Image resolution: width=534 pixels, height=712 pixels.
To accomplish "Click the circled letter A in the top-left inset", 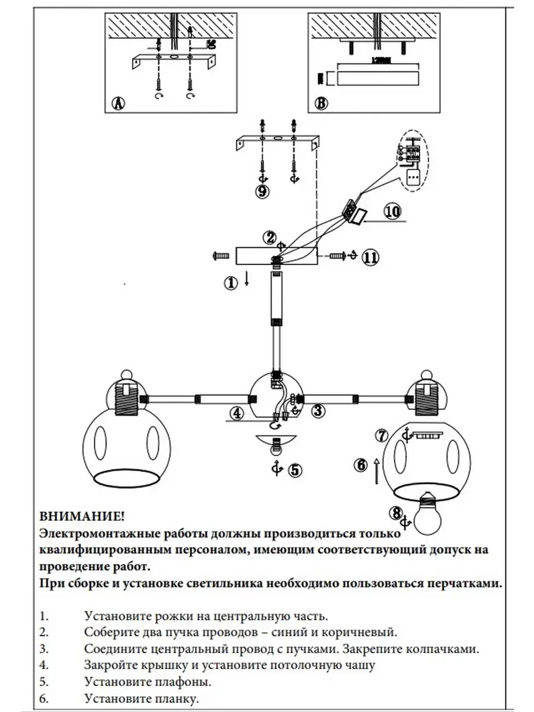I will click(x=117, y=103).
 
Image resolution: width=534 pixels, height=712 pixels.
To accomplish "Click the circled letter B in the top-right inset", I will click(x=321, y=103).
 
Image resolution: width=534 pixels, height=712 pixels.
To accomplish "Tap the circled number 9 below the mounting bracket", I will click(x=262, y=191).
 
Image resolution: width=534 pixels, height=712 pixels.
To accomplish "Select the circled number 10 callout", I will click(x=392, y=212).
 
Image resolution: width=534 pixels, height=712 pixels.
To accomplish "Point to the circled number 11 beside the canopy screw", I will click(x=370, y=257).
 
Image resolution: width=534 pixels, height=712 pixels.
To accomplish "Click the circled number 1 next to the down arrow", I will click(x=231, y=283).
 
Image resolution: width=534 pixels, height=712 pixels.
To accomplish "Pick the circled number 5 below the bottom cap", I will click(x=294, y=470).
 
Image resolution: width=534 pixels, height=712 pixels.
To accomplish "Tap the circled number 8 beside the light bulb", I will click(x=396, y=513).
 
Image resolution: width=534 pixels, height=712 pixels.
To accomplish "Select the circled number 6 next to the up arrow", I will click(x=362, y=465).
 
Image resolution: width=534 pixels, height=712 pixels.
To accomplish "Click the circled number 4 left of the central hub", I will click(x=237, y=413).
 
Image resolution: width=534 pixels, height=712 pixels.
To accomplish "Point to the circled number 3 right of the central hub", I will click(x=318, y=411).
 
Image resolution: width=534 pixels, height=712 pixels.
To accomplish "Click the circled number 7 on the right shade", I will click(x=381, y=435).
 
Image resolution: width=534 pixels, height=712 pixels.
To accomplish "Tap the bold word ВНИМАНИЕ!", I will click(x=82, y=517).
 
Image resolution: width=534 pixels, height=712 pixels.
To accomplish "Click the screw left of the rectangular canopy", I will click(x=220, y=256).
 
